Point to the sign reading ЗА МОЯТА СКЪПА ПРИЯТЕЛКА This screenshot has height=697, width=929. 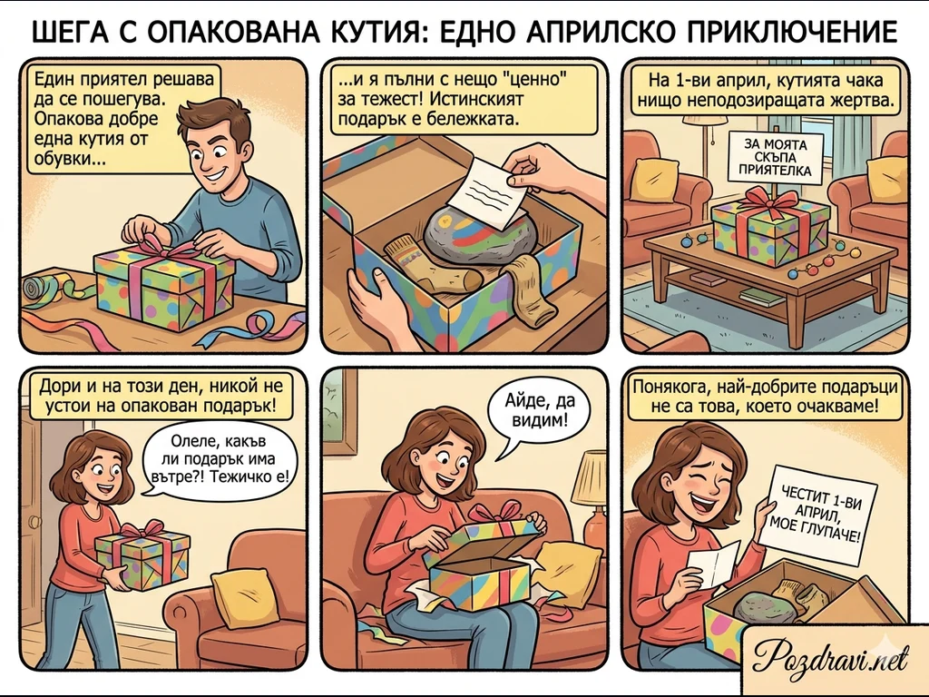click(x=776, y=158)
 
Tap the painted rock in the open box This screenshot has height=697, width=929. click(x=474, y=235)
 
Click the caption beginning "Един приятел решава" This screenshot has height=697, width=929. click(x=123, y=119)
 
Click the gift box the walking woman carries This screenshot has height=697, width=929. click(x=142, y=557)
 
